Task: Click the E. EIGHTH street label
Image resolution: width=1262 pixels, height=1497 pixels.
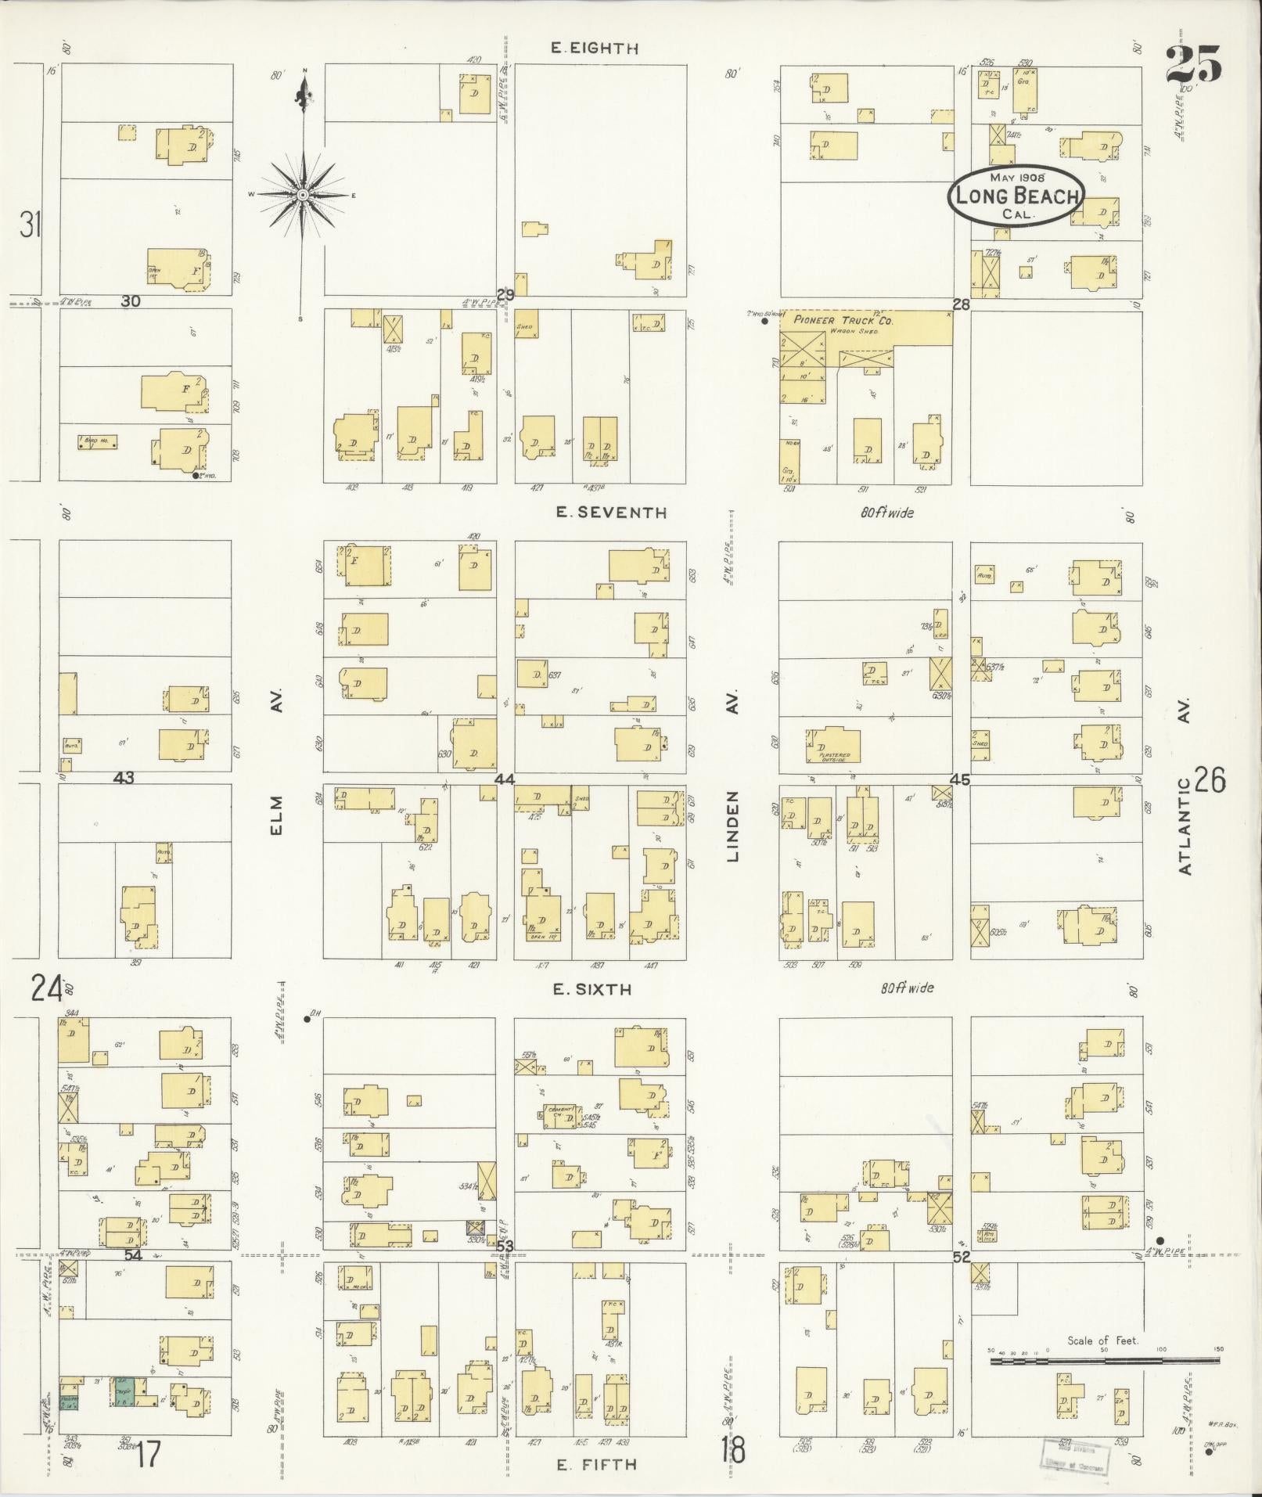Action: click(x=594, y=49)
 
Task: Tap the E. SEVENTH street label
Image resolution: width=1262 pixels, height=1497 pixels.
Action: click(x=611, y=513)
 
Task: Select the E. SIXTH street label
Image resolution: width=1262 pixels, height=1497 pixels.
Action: click(x=591, y=989)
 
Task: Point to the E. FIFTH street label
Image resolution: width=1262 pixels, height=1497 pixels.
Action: click(x=596, y=1465)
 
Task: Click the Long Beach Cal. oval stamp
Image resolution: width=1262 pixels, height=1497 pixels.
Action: click(x=1016, y=196)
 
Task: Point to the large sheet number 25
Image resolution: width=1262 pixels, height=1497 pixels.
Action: click(x=1192, y=64)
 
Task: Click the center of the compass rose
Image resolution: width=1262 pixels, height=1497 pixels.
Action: click(x=302, y=194)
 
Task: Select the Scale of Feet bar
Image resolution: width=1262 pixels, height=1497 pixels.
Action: click(x=1104, y=1361)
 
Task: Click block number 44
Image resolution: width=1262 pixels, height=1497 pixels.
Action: click(x=505, y=779)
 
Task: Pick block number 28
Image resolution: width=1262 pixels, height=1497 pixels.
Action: click(x=961, y=304)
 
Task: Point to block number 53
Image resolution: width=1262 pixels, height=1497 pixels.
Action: click(x=505, y=1246)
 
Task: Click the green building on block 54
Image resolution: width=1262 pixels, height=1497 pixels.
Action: click(x=124, y=1394)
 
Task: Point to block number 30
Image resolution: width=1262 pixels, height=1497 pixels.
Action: click(x=130, y=300)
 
